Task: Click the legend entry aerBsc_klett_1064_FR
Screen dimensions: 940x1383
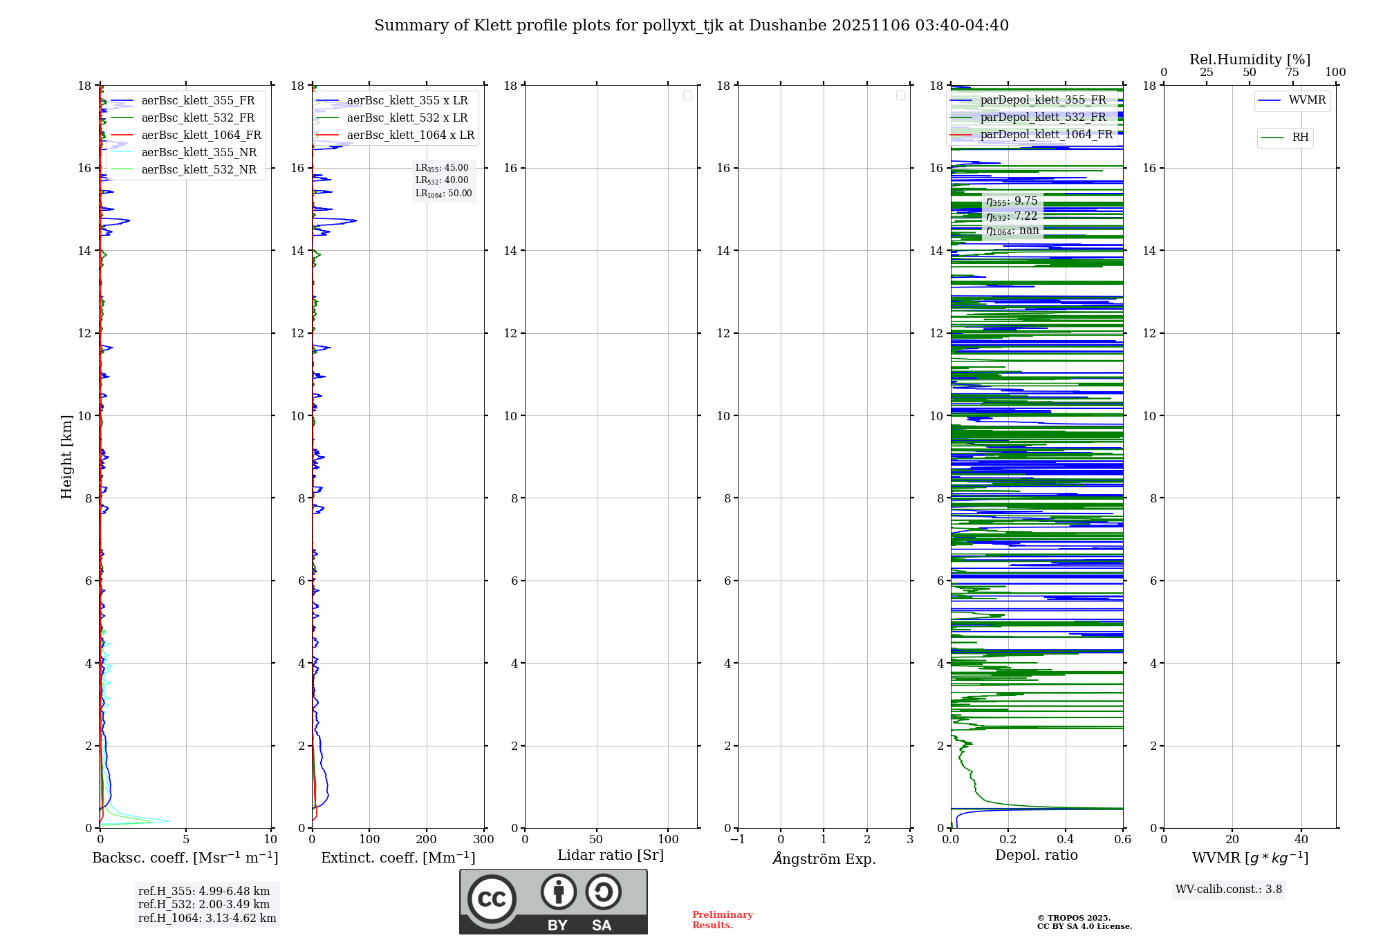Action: tap(201, 135)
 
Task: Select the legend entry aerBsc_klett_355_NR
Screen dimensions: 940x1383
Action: tap(199, 153)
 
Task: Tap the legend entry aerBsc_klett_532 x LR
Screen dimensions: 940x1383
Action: tap(407, 118)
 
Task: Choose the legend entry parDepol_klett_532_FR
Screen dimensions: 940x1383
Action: tap(1043, 117)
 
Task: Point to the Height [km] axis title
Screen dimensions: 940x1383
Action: tap(66, 457)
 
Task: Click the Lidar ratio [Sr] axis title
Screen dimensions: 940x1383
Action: tap(611, 856)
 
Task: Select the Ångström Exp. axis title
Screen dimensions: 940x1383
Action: tap(824, 859)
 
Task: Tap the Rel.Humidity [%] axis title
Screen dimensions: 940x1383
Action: tap(1250, 59)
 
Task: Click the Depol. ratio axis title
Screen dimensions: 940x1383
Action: tap(1036, 856)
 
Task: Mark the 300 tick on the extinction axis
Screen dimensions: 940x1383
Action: tap(483, 840)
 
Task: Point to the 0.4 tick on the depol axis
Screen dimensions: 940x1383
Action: tap(1066, 840)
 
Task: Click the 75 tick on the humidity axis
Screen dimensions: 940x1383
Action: tap(1292, 73)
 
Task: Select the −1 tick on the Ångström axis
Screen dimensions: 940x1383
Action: tap(738, 840)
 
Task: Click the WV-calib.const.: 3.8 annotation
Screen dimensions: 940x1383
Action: tap(1228, 890)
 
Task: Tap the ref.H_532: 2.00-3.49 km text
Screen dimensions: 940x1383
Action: tap(203, 905)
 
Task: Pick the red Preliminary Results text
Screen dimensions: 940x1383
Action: tap(722, 920)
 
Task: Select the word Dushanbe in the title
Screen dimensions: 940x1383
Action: tap(787, 26)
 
